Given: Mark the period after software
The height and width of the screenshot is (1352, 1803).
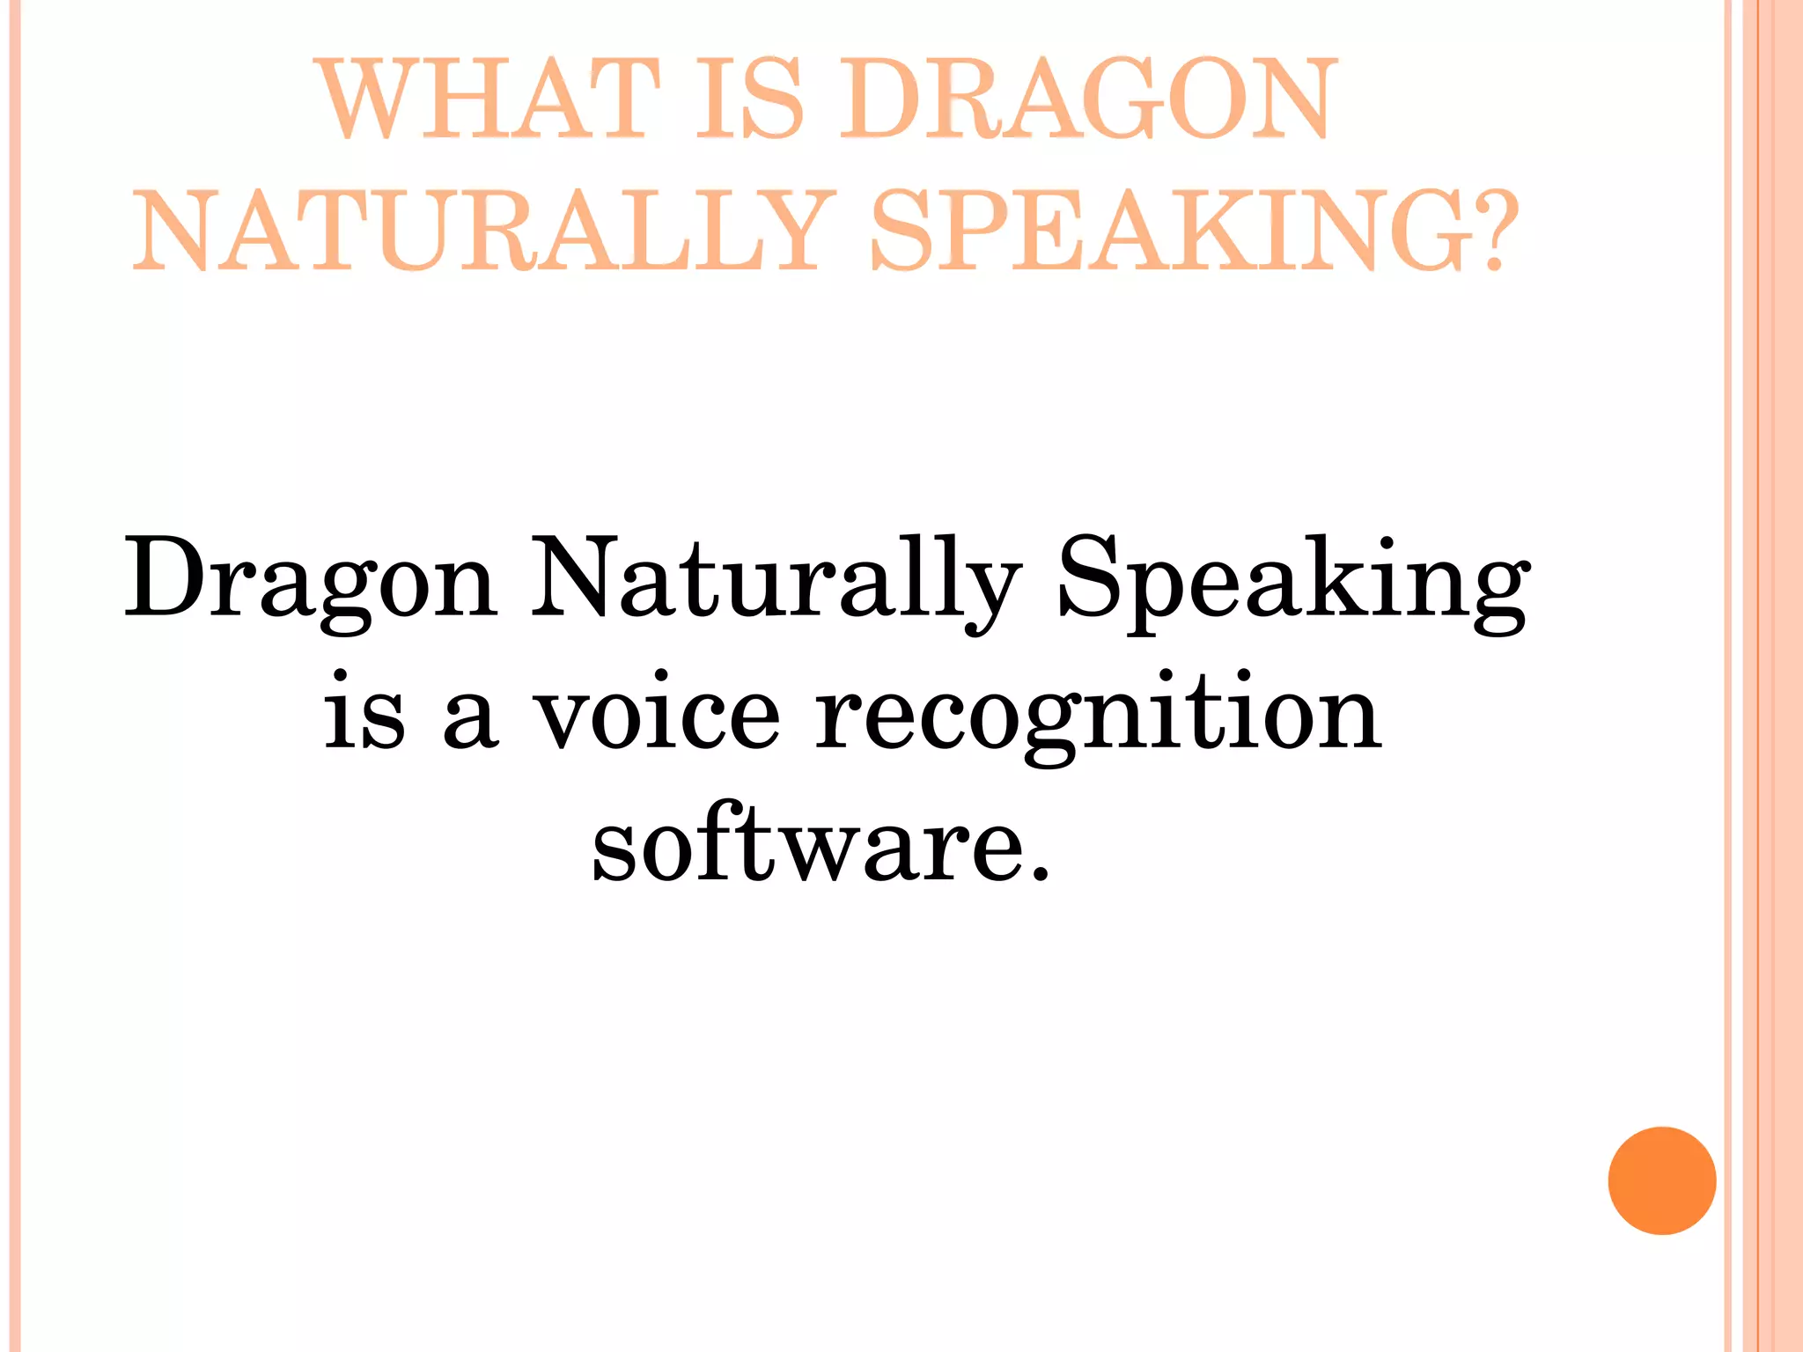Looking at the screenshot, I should [1041, 872].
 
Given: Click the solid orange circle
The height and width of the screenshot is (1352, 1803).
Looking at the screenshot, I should [1661, 1180].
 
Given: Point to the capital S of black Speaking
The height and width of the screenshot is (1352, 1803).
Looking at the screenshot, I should [1089, 577].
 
